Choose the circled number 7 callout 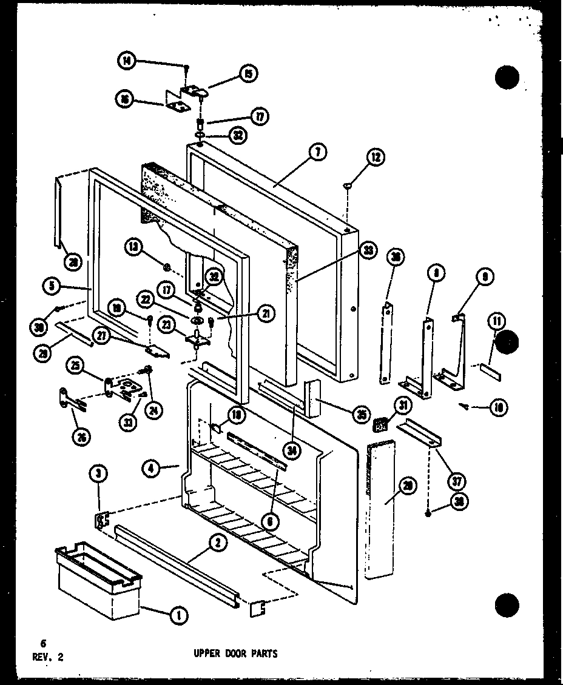(317, 153)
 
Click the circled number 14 (127, 61)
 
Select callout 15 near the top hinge (248, 74)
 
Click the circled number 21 (265, 313)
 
